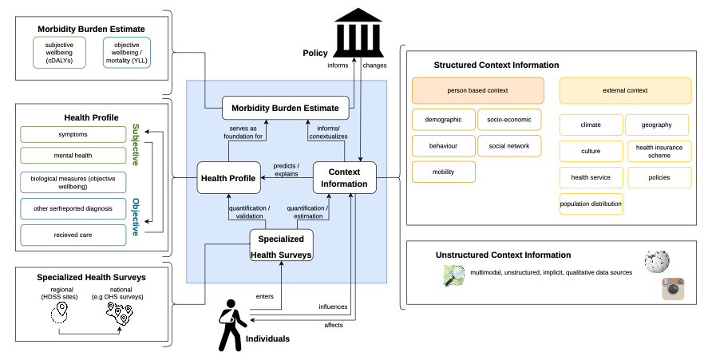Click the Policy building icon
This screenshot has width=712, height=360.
coord(358,32)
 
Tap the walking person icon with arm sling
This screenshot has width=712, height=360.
coord(232,325)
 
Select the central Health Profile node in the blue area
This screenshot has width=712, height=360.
coord(228,178)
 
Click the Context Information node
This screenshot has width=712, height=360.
coord(345,178)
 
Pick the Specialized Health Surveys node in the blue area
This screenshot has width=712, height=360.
coord(281,245)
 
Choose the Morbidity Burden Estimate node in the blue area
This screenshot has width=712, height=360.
coord(285,108)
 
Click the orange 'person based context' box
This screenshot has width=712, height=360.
coord(477,90)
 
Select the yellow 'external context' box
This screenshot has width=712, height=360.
coord(625,90)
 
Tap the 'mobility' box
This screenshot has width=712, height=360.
coord(444,172)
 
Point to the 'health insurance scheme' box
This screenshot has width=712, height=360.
coord(659,151)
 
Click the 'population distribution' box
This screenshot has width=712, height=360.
coord(591,204)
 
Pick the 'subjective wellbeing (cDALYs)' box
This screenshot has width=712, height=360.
coord(59,53)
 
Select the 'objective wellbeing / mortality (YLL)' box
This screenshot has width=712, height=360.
coord(127,53)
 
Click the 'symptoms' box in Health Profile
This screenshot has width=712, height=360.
coord(73,134)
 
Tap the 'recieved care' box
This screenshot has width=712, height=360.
coord(73,235)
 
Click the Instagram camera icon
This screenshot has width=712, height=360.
coord(673,289)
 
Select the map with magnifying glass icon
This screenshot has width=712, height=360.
coord(454,275)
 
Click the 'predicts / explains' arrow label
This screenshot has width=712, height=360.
coord(287,170)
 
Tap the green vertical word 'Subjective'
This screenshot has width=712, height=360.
coord(136,144)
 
